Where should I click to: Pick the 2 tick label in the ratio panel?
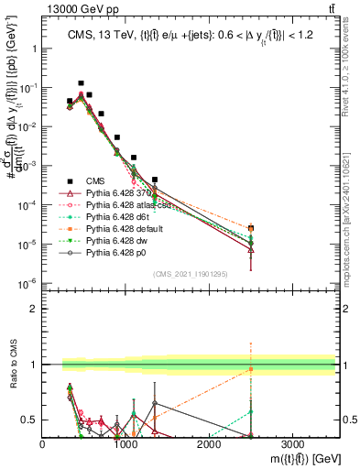tap(34, 309)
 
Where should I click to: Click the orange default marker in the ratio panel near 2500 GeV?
tap(251, 369)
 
